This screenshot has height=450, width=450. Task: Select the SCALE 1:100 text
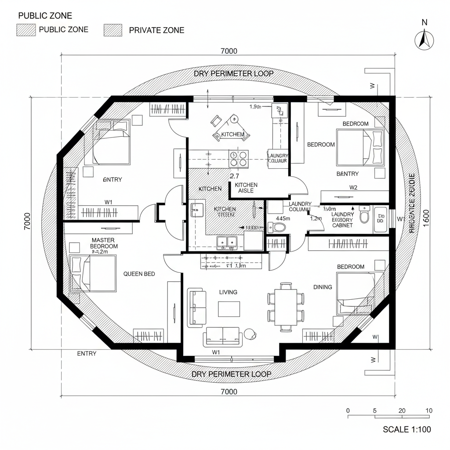(407, 429)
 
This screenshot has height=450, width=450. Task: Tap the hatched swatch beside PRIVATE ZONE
(113, 30)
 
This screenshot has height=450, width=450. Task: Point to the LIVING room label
(228, 292)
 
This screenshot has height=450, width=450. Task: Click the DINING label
(323, 287)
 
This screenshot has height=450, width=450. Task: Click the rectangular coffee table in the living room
(229, 308)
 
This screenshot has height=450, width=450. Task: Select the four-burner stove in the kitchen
(238, 159)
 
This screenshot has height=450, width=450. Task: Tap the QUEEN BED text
(139, 274)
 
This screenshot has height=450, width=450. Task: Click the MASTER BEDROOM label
(104, 243)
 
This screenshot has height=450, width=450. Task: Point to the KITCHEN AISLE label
(246, 188)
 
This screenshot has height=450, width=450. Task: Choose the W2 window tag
(353, 187)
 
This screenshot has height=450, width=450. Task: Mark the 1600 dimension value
(425, 218)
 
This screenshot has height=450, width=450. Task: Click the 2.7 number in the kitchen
(234, 176)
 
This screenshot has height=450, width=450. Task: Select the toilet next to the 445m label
(277, 227)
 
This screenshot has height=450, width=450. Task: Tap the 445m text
(283, 218)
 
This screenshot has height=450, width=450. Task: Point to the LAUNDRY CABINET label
(342, 219)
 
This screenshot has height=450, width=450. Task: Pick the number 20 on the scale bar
(402, 410)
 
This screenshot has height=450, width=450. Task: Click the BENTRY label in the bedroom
(347, 174)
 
